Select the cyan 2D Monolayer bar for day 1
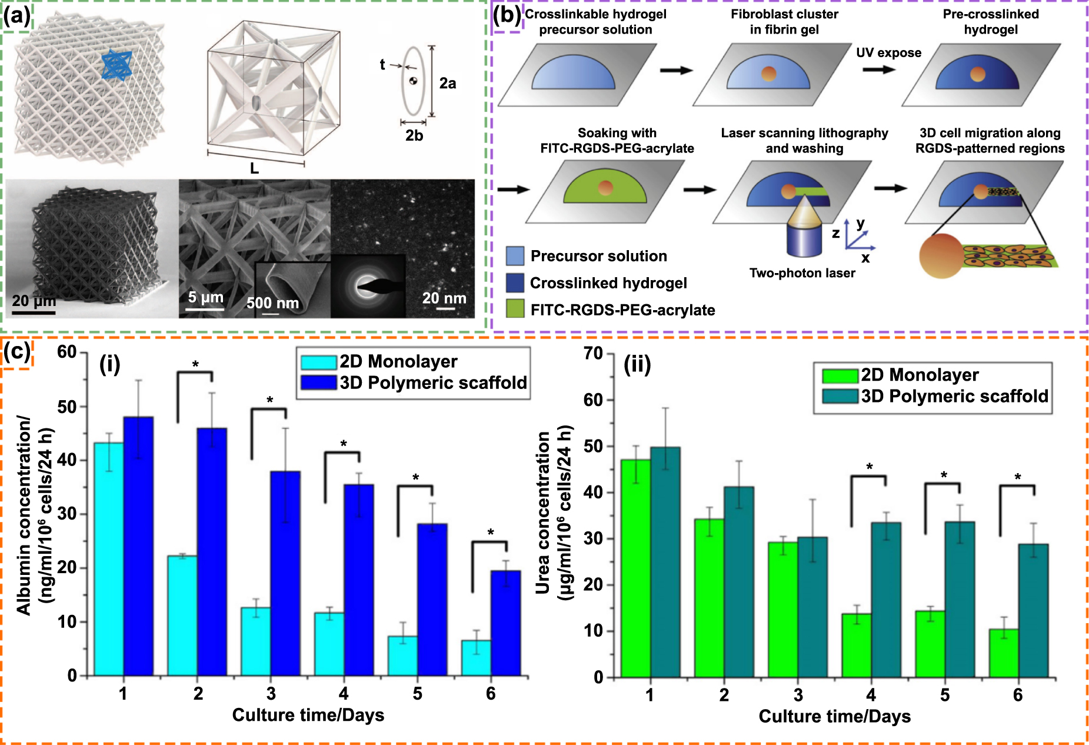click(109, 559)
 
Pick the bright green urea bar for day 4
click(856, 646)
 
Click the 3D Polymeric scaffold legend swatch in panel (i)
click(318, 383)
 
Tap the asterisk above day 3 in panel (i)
click(269, 401)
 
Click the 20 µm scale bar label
click(34, 301)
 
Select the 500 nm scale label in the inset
click(272, 304)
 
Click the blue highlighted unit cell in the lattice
click(116, 64)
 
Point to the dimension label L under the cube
click(254, 169)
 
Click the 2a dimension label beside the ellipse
click(447, 84)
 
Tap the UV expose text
click(888, 53)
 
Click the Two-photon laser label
click(802, 273)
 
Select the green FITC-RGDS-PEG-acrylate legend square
click(515, 309)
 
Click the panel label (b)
click(507, 15)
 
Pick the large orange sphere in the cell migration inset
click(942, 255)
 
